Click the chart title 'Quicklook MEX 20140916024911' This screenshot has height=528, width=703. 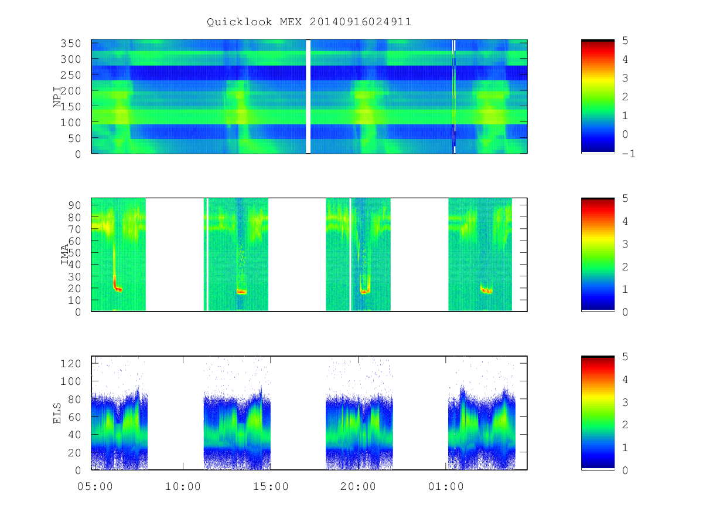pyautogui.click(x=309, y=22)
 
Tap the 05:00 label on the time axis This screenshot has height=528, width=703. pyautogui.click(x=95, y=486)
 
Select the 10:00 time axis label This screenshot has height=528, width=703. pyautogui.click(x=183, y=486)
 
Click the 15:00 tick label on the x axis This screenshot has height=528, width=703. pyautogui.click(x=271, y=486)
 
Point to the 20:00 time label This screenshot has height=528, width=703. pyautogui.click(x=358, y=486)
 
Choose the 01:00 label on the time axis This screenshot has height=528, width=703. pyautogui.click(x=446, y=486)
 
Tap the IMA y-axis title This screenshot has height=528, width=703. pyautogui.click(x=64, y=255)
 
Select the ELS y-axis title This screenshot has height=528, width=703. pyautogui.click(x=57, y=413)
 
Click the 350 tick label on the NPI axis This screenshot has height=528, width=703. pyautogui.click(x=71, y=43)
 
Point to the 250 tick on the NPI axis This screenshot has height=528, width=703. pyautogui.click(x=71, y=75)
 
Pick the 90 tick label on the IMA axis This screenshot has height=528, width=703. pyautogui.click(x=74, y=205)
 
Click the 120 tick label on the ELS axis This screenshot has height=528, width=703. pyautogui.click(x=71, y=364)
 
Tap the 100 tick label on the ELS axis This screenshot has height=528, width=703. pyautogui.click(x=71, y=381)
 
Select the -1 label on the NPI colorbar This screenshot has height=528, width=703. pyautogui.click(x=629, y=154)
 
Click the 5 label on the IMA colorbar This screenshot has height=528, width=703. pyautogui.click(x=625, y=198)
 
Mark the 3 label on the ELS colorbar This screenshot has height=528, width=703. pyautogui.click(x=625, y=402)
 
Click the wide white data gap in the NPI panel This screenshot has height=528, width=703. pyautogui.click(x=308, y=96)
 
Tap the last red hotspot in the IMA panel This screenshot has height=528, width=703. pyautogui.click(x=486, y=290)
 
